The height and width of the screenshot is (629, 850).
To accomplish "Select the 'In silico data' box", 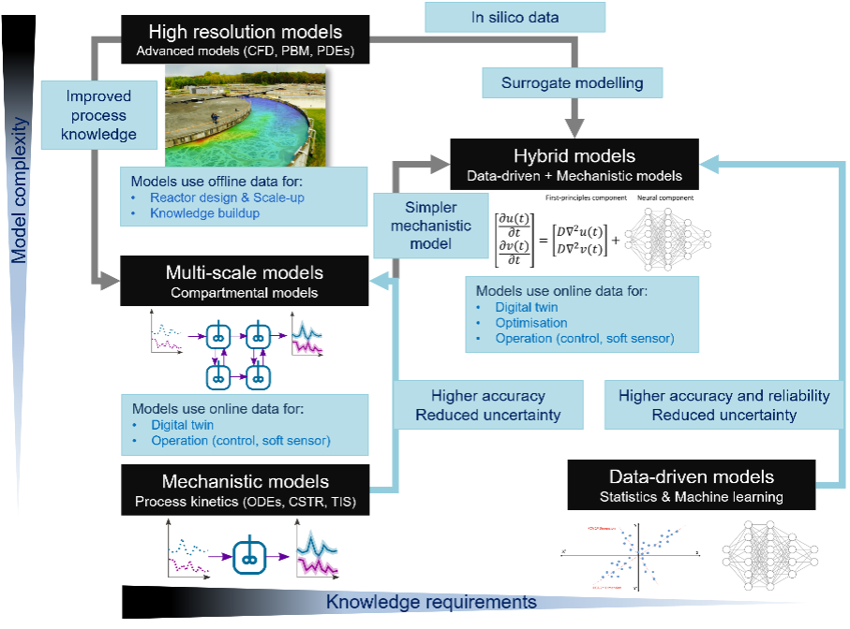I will (x=514, y=17).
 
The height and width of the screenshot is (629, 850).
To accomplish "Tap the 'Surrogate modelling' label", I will (x=572, y=82).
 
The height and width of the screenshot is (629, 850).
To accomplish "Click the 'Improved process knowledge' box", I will (x=98, y=115).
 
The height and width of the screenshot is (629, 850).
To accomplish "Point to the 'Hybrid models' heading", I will (x=574, y=155).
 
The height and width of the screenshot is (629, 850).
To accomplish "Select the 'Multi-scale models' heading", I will (x=245, y=272).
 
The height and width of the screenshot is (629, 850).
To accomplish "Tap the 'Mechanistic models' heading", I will (x=245, y=482).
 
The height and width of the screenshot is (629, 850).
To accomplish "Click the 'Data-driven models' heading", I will (x=692, y=476).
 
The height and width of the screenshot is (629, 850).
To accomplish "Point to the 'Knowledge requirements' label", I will (x=431, y=602).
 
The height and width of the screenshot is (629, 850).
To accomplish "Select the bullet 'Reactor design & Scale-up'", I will (x=228, y=197).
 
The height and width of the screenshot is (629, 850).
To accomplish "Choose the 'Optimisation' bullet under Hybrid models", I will (x=531, y=322).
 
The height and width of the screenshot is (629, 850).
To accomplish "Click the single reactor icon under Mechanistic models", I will (x=248, y=549).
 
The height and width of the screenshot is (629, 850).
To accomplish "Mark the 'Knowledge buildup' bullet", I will (x=205, y=213).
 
